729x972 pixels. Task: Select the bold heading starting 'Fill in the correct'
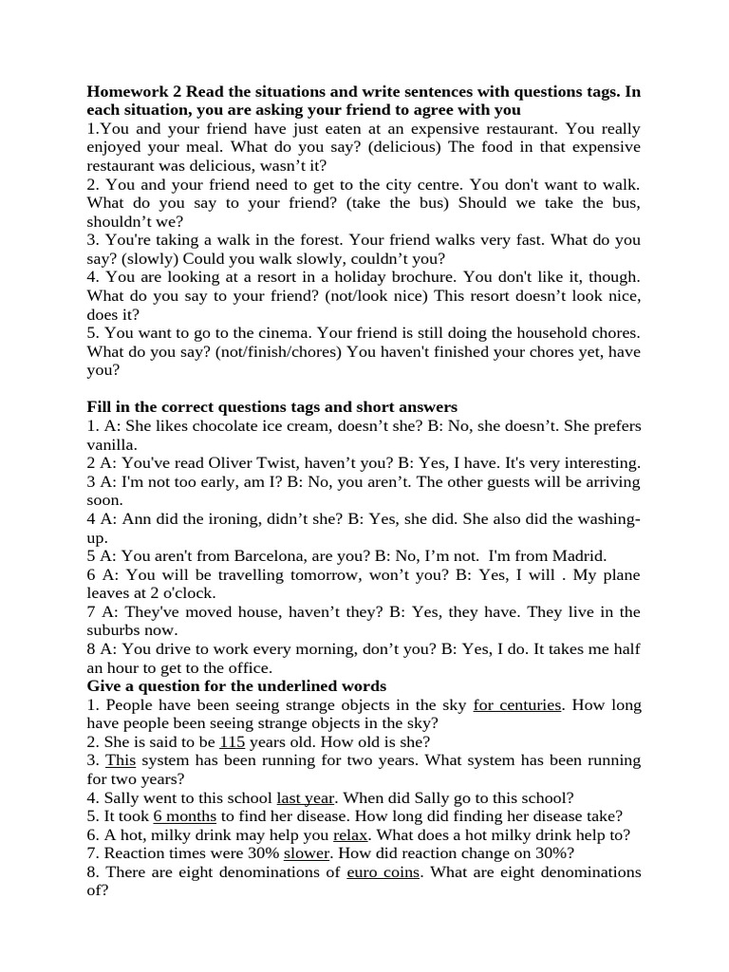tap(272, 407)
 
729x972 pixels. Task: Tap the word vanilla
tap(112, 444)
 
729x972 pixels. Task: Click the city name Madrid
tap(577, 556)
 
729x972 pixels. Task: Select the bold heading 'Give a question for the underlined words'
tap(236, 685)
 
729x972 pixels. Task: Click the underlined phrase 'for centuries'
tap(518, 704)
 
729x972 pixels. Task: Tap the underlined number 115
tap(232, 741)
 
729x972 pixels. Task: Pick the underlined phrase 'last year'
tap(305, 797)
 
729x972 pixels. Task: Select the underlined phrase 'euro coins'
tap(383, 871)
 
